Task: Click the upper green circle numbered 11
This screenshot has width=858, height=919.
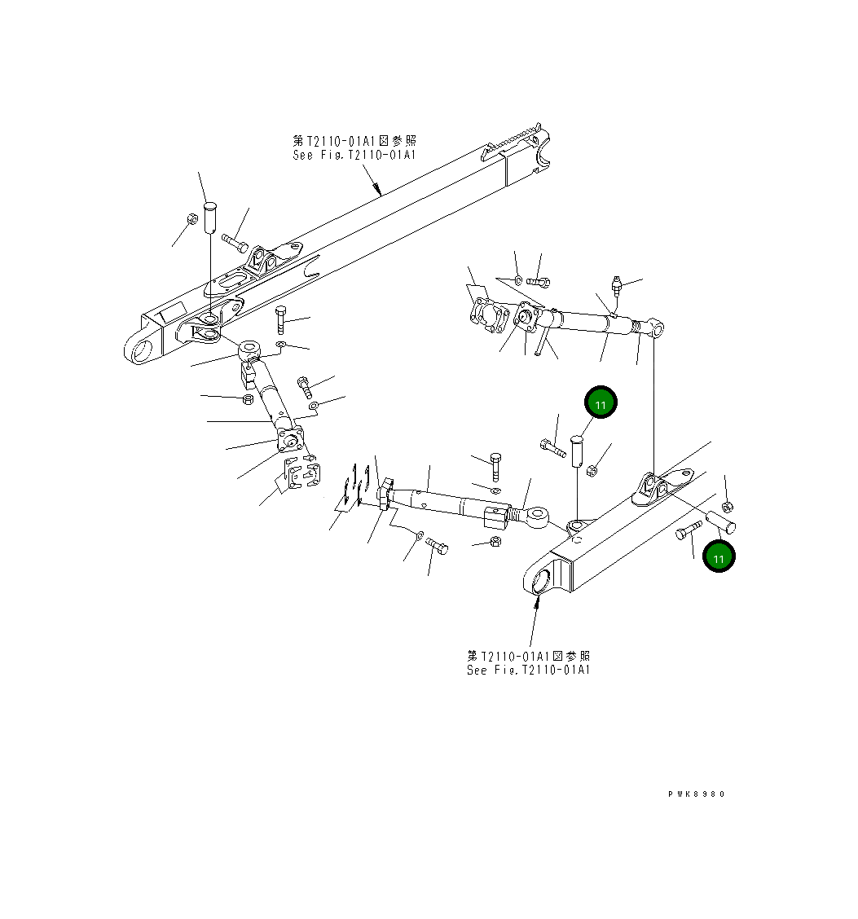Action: click(601, 403)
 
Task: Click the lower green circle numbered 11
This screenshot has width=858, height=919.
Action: click(718, 557)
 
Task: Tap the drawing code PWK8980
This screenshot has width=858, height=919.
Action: click(695, 794)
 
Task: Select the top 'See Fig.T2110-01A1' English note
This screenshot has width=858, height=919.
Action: click(354, 155)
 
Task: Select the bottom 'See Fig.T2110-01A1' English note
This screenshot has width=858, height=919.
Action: click(529, 670)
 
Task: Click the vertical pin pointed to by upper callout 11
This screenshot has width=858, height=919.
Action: click(578, 451)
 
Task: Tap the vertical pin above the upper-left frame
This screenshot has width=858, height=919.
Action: click(209, 217)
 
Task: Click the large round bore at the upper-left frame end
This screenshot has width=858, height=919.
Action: click(143, 353)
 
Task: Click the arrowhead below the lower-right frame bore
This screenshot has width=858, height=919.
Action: click(537, 602)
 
